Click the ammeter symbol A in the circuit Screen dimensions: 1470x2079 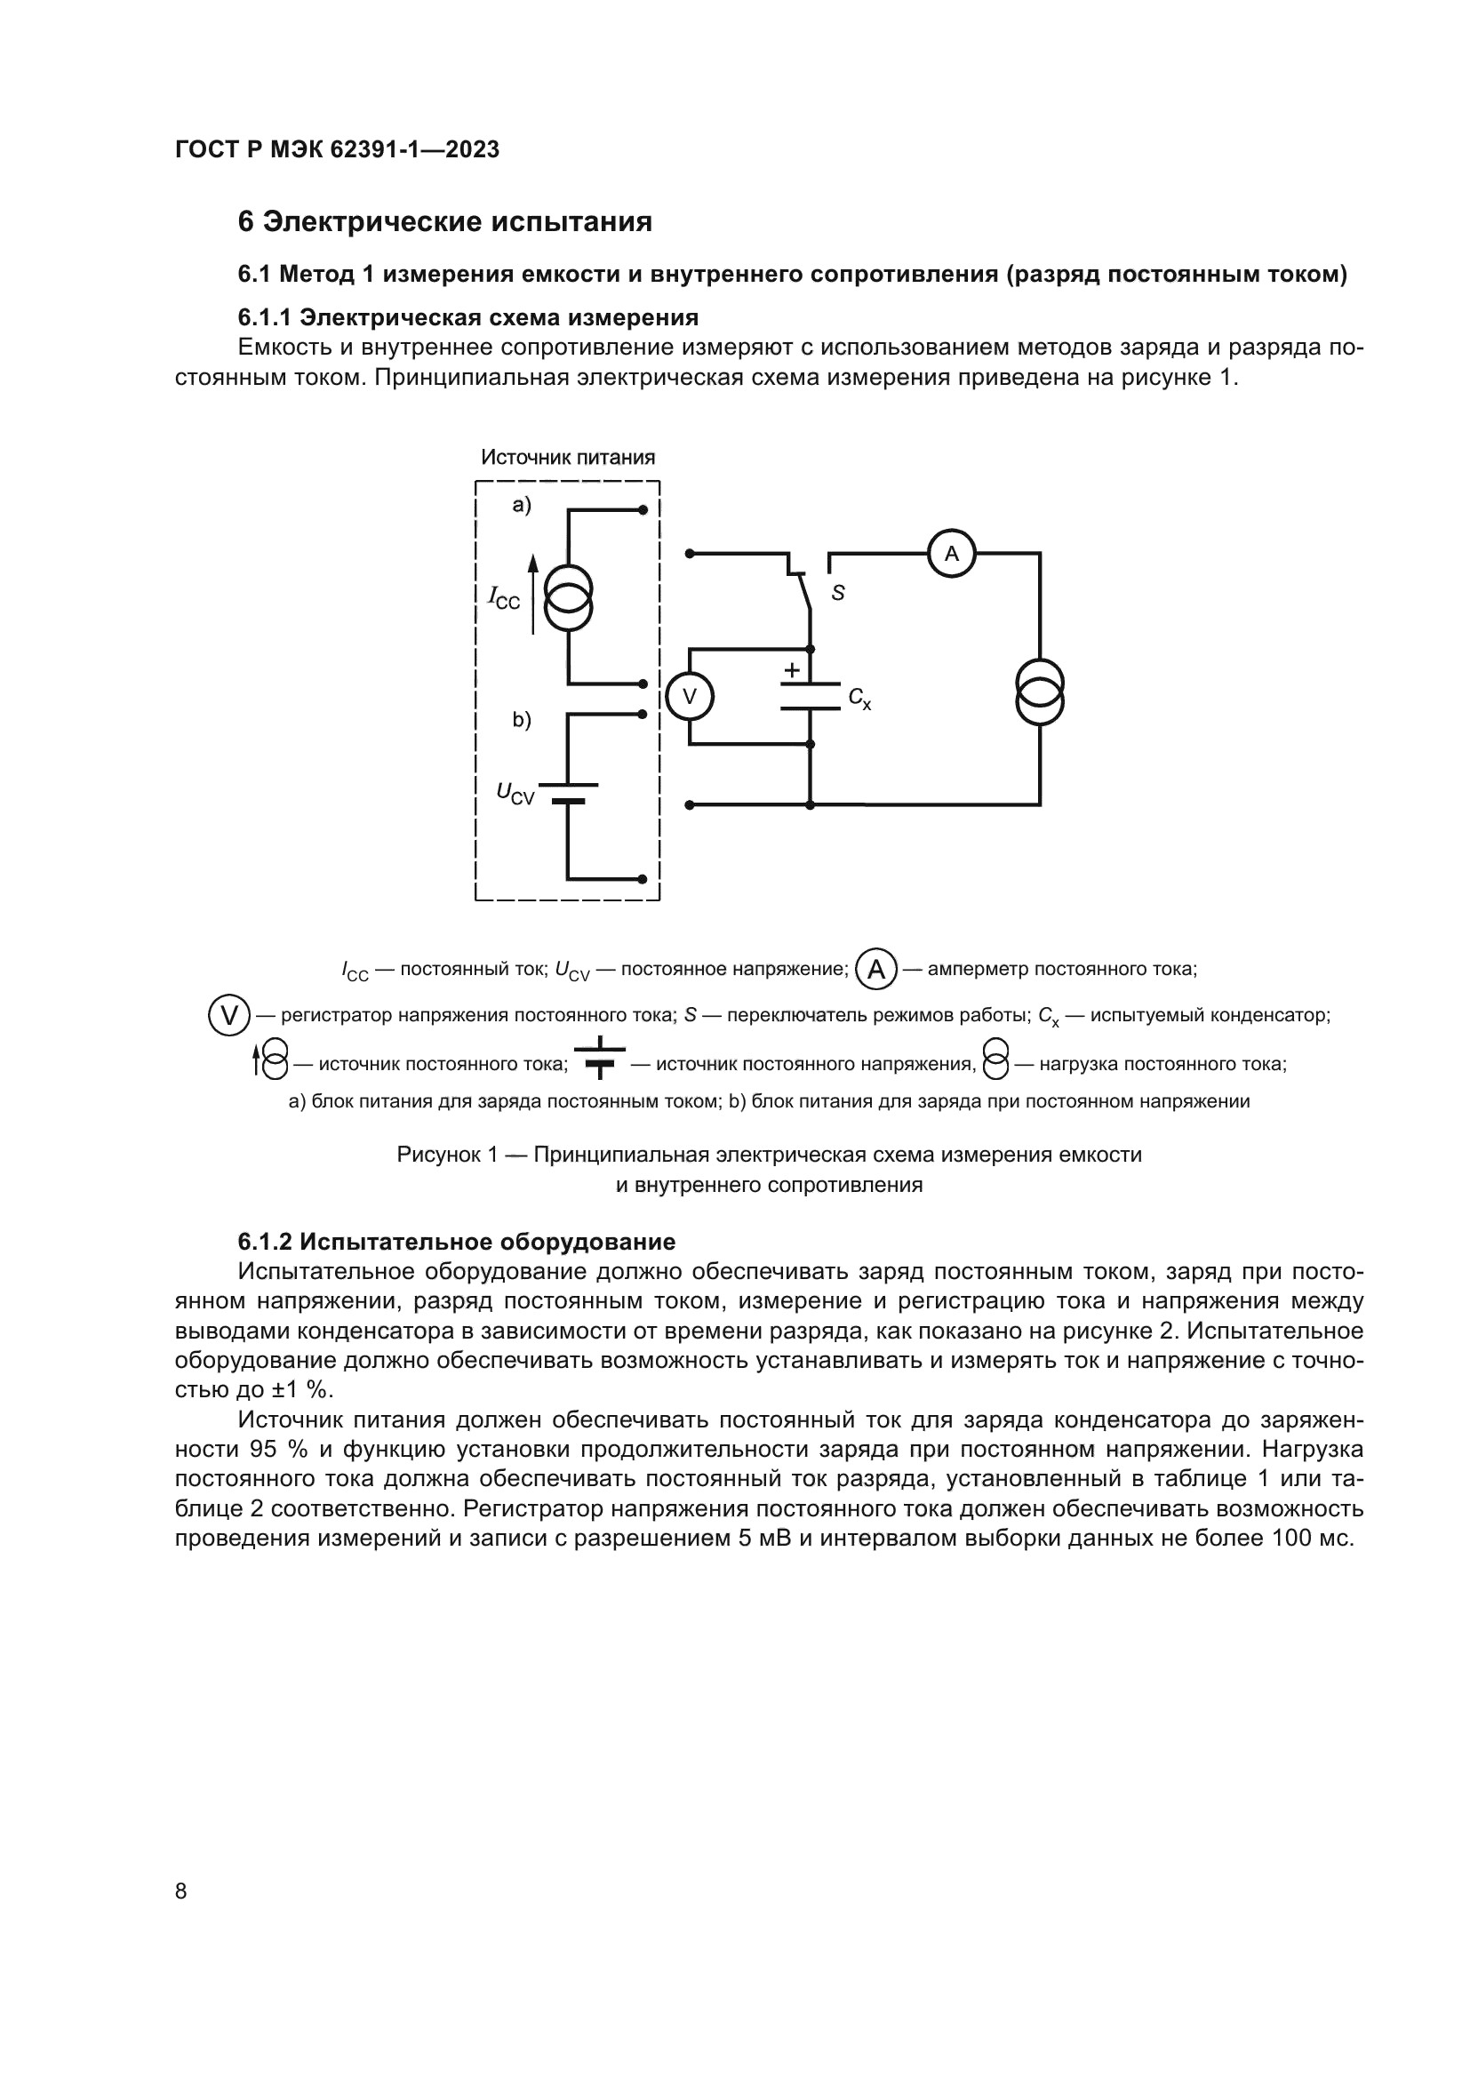click(x=951, y=553)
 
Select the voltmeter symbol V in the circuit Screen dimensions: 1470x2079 click(x=690, y=696)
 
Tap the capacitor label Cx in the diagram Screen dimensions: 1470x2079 click(x=860, y=698)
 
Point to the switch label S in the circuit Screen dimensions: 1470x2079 click(x=838, y=593)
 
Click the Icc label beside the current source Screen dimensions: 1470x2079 click(x=504, y=597)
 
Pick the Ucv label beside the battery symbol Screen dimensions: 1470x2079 click(x=515, y=793)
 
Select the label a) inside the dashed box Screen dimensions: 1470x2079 click(x=523, y=505)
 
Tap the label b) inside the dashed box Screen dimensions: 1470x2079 click(x=523, y=720)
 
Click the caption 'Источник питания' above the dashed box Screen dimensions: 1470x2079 click(x=568, y=457)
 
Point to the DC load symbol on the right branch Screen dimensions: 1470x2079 click(x=1039, y=692)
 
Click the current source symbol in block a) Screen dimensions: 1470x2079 click(x=569, y=597)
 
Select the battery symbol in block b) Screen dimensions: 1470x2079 click(x=569, y=792)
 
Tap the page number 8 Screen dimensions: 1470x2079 click(x=181, y=1891)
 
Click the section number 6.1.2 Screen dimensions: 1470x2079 click(x=268, y=1242)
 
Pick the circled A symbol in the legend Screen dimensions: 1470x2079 click(x=876, y=970)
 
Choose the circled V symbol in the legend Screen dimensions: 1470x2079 click(x=230, y=1015)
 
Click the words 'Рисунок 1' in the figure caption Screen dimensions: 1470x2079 click(x=448, y=1155)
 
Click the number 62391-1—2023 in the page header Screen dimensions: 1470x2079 click(x=414, y=149)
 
